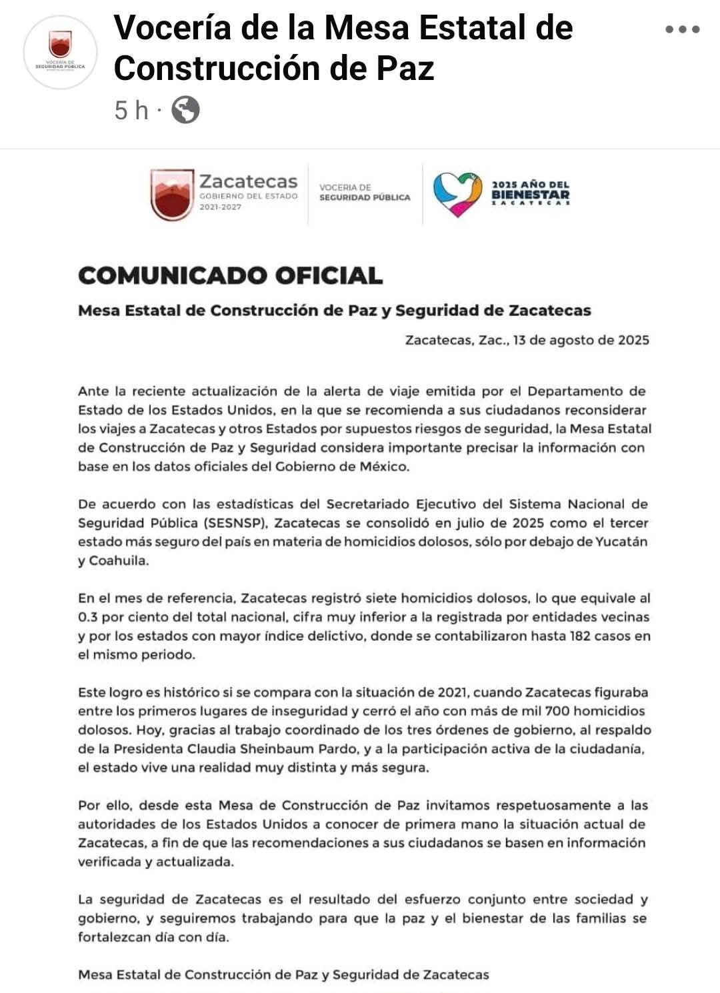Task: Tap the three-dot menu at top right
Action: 682,29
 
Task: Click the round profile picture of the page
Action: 60,52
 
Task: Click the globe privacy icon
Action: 185,110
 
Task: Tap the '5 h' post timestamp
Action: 131,110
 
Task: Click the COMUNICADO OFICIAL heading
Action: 230,275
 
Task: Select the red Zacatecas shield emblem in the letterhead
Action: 172,194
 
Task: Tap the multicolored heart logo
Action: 458,194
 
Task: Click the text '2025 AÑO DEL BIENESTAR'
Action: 531,191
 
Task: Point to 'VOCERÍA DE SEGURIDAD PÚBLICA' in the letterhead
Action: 364,193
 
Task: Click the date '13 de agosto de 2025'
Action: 581,340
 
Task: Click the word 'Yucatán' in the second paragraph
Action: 620,542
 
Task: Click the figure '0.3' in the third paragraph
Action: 87,617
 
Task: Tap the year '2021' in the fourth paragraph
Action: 453,692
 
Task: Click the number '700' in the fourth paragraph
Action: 557,711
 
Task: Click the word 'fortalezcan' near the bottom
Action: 114,937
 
